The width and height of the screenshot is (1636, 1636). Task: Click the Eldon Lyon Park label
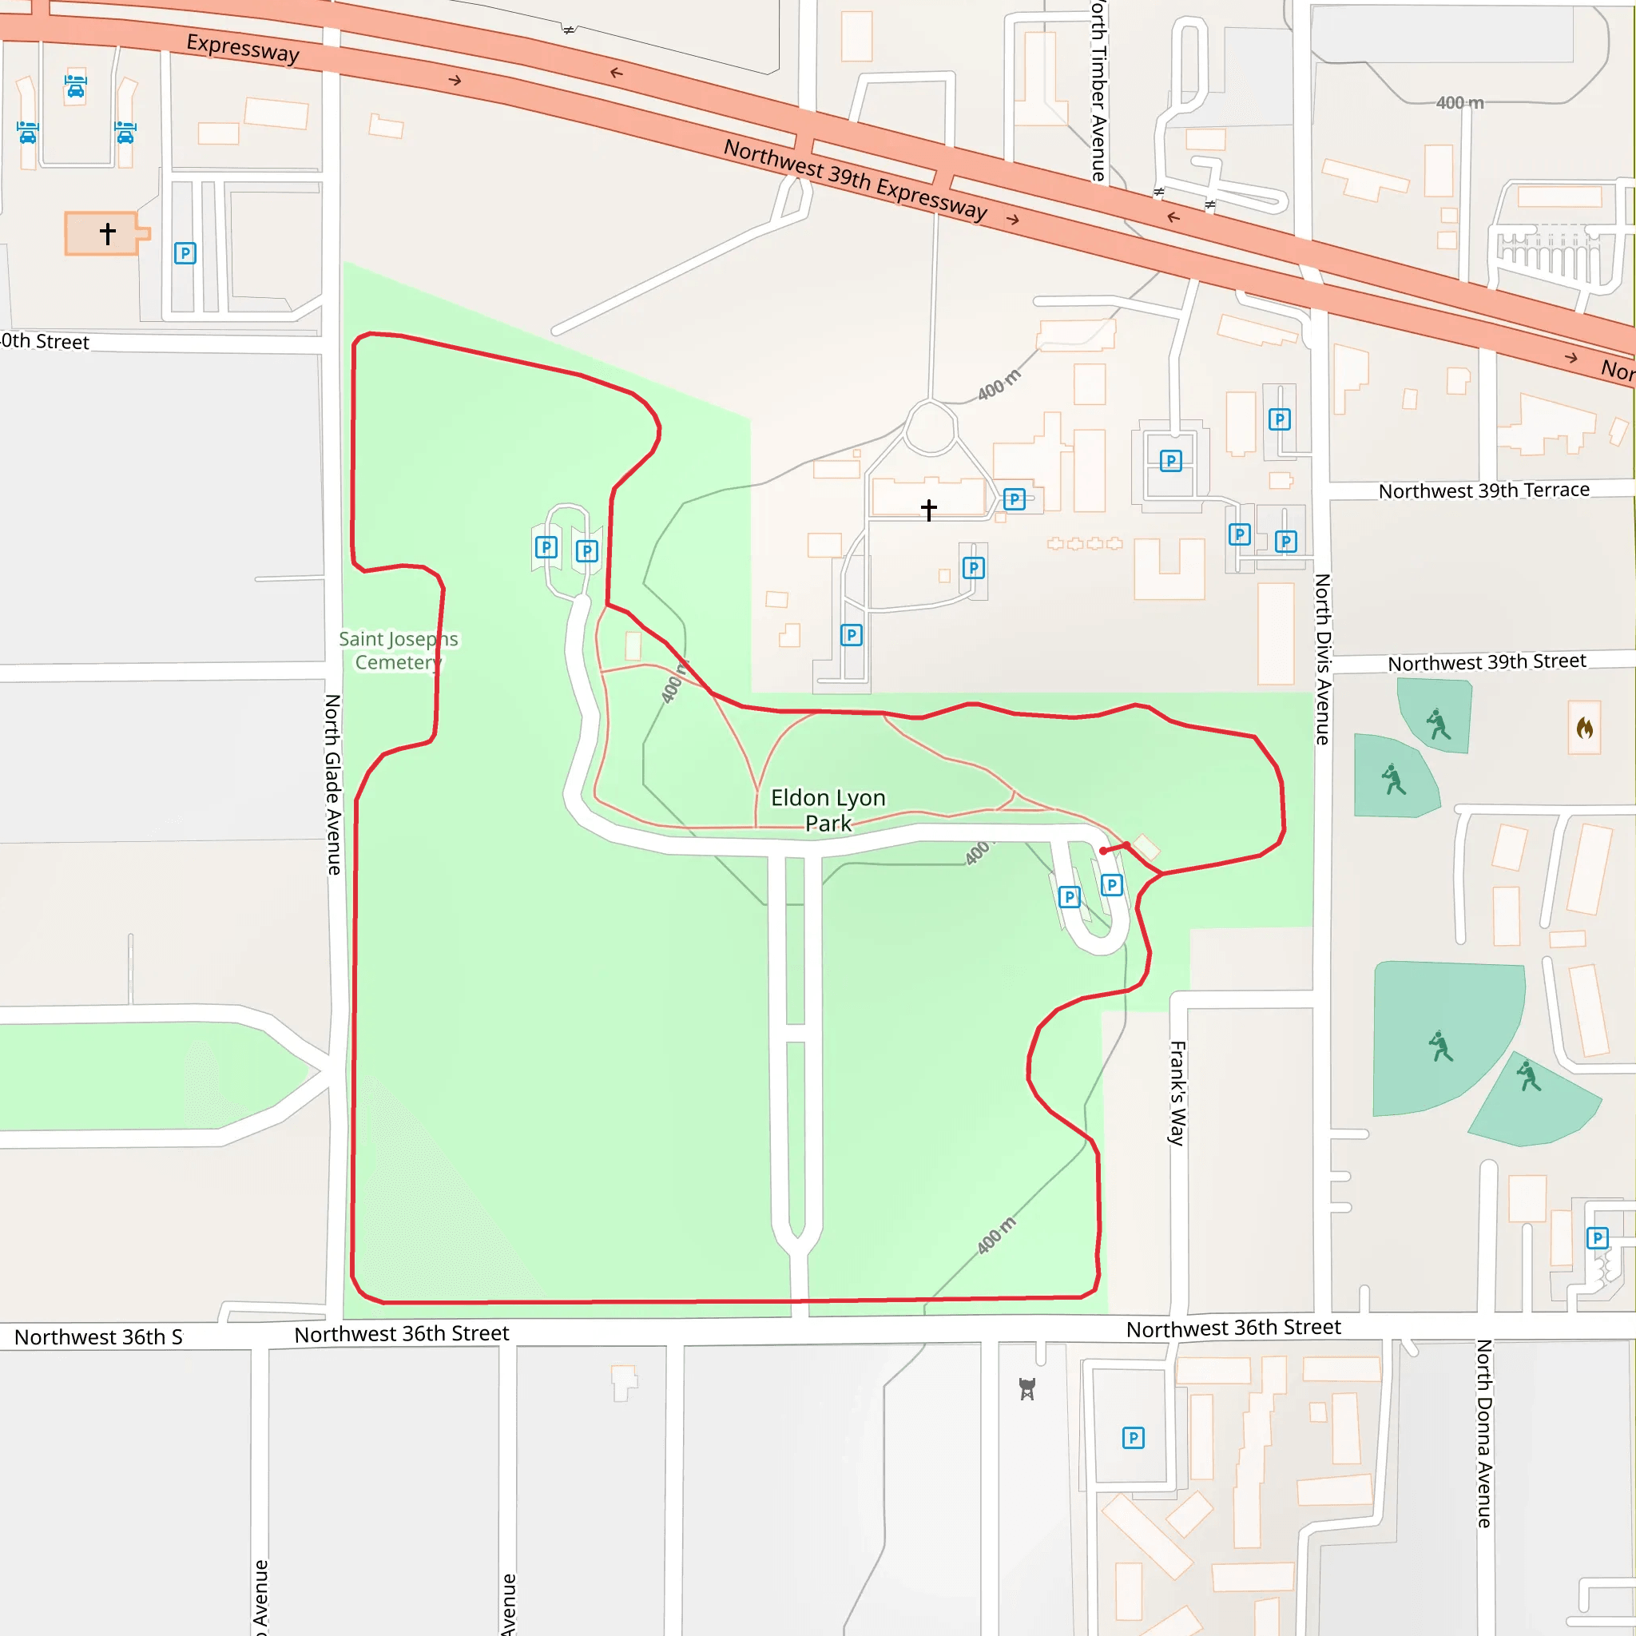click(x=828, y=810)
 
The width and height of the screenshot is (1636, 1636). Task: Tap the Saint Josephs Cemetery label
click(x=398, y=650)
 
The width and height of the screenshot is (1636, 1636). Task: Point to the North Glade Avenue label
click(x=334, y=784)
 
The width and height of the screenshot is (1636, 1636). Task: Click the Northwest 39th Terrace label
click(x=1483, y=490)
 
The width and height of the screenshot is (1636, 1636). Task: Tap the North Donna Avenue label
click(x=1483, y=1433)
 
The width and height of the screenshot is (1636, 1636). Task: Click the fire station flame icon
click(x=1584, y=728)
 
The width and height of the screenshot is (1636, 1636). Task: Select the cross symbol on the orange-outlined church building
click(x=108, y=233)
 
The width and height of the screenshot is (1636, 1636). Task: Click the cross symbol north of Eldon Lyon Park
click(x=929, y=510)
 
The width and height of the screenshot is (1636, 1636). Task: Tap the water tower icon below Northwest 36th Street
click(x=1027, y=1388)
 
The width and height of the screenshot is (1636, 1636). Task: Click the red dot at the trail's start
click(x=1102, y=851)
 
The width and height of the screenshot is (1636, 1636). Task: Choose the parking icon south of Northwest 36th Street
click(x=1133, y=1438)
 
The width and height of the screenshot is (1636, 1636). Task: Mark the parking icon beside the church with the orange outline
click(x=185, y=253)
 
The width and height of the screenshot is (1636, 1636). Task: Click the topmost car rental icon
click(x=75, y=86)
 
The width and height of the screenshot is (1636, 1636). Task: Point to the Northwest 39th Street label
click(x=1486, y=662)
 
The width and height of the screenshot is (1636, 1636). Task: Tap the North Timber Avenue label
click(x=1098, y=91)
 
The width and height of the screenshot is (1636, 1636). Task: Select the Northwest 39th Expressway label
click(x=856, y=180)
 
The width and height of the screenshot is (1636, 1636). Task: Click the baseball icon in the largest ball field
click(x=1440, y=1046)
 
